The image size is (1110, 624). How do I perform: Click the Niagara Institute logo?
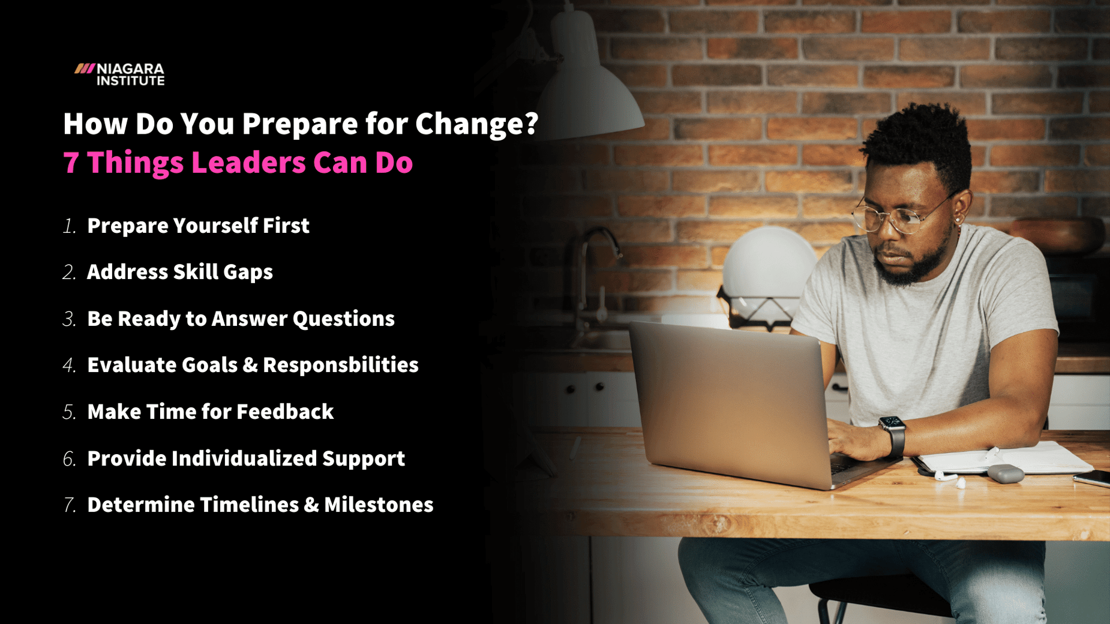119,74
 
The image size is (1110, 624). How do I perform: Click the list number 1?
69,227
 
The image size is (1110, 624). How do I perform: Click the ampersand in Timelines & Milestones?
311,505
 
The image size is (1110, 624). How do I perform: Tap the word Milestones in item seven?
379,505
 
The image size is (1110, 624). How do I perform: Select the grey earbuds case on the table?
1005,474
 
